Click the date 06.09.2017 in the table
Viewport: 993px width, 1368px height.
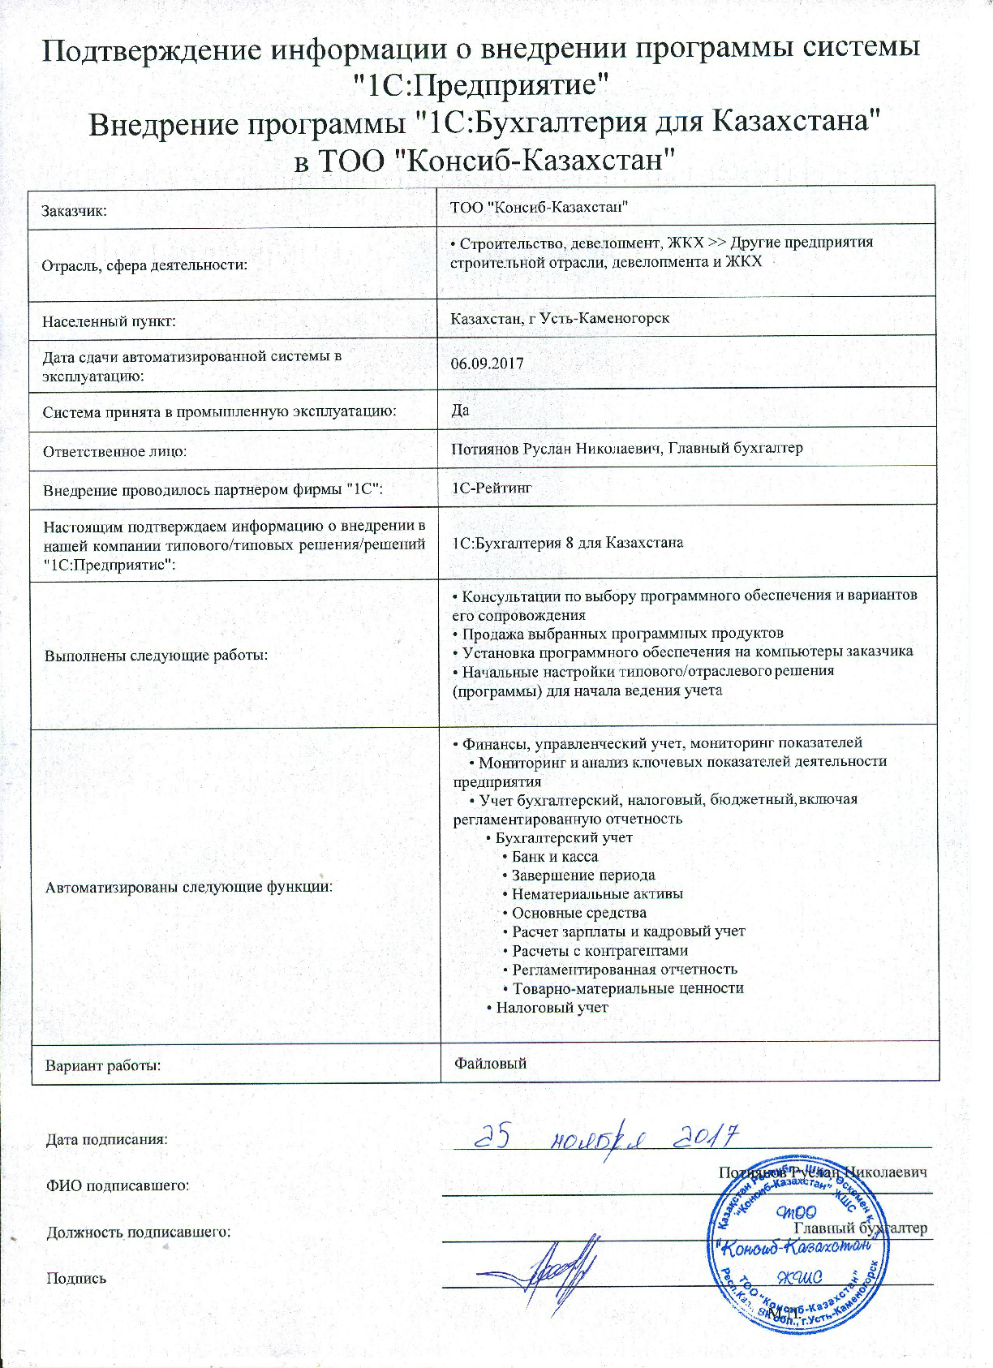pos(487,363)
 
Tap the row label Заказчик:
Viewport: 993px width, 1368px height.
pos(75,211)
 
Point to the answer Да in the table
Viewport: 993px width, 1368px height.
pos(460,410)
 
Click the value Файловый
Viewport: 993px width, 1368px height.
pos(490,1062)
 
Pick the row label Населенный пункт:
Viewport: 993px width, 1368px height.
pos(109,321)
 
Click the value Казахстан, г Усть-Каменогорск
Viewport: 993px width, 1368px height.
pos(560,317)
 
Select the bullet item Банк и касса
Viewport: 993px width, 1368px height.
pos(554,856)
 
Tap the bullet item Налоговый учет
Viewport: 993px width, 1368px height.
pos(551,1007)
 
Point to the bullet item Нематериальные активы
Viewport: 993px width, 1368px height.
pos(596,893)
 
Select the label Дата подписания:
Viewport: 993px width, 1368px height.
pos(106,1138)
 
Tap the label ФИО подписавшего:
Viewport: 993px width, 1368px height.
pos(117,1185)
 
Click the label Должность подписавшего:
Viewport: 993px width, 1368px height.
pos(138,1232)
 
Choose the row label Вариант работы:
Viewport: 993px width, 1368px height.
pos(102,1065)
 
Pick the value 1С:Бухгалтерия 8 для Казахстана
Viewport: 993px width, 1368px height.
pos(567,542)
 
